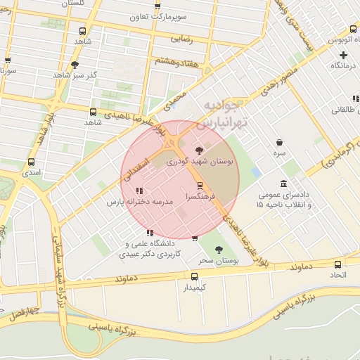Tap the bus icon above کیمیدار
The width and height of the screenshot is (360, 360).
coord(195,276)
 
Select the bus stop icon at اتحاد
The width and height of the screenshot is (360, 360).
coord(338,264)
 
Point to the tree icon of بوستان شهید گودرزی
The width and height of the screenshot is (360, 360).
coord(200,150)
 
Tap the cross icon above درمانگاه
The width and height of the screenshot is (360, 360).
coord(343,55)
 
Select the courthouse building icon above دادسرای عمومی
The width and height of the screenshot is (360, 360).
coord(283,183)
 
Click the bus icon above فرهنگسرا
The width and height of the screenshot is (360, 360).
coord(200,186)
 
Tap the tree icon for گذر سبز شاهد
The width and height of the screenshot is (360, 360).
coord(75,64)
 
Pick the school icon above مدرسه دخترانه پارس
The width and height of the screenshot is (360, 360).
coord(139,190)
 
